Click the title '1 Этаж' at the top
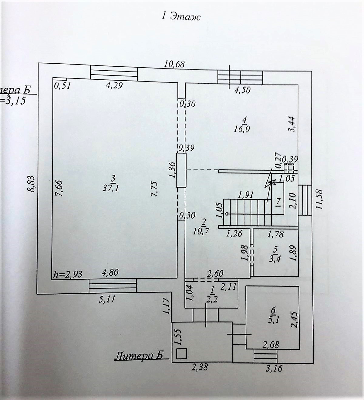pos(181,16)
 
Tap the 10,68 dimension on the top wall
pos(174,64)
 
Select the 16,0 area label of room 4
pos(242,129)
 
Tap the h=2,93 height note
pos(67,274)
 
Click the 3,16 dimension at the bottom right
pos(274,368)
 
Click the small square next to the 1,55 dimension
pos(181,354)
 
